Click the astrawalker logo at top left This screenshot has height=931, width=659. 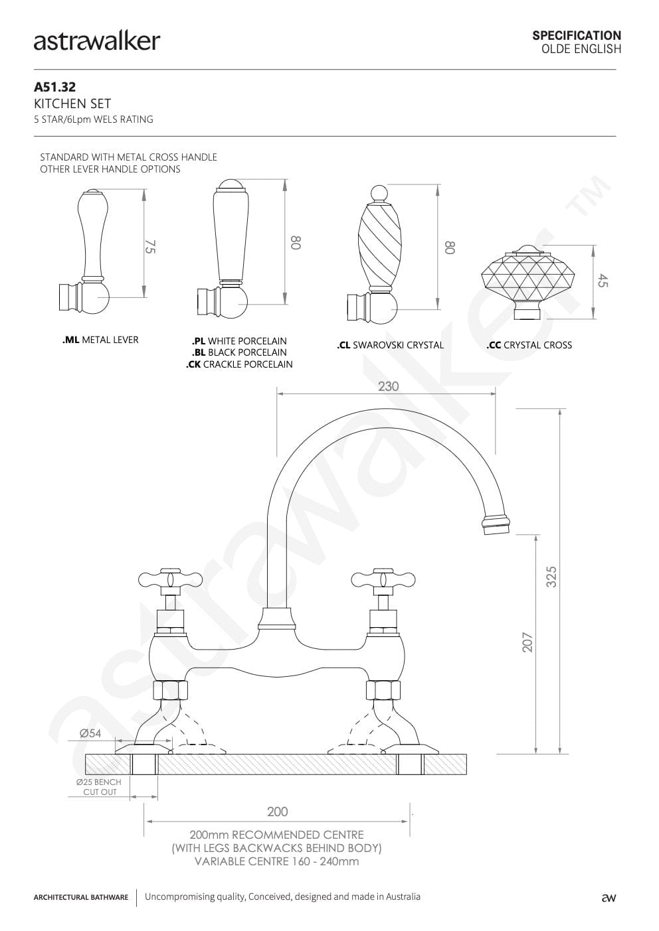coord(97,41)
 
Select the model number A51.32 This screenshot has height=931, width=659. coord(54,87)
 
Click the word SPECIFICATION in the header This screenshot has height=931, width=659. coord(577,35)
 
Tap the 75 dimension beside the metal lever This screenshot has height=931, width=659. coord(151,246)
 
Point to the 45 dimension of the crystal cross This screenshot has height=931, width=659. coord(603,281)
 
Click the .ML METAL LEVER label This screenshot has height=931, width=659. coord(100,340)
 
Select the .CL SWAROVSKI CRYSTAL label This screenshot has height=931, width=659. coord(390,345)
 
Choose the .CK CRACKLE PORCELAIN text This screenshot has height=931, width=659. coord(239,364)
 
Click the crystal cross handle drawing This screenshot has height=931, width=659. coord(528,282)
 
